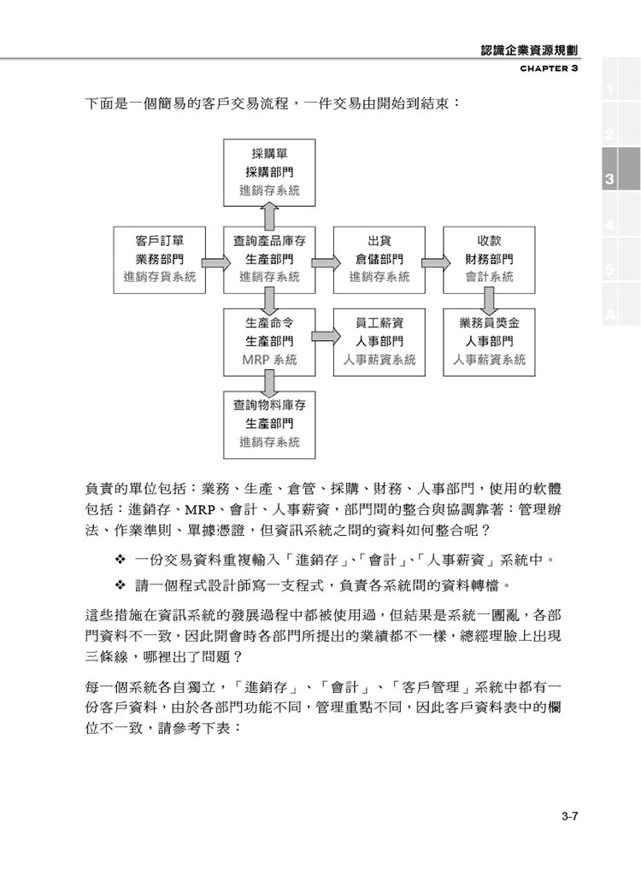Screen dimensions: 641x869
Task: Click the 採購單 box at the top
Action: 269,172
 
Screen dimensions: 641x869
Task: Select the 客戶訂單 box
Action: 159,260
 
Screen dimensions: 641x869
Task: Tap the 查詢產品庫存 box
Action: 269,260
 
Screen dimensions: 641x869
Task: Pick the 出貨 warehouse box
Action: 379,260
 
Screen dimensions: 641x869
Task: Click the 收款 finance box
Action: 489,260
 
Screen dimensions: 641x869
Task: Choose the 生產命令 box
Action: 269,342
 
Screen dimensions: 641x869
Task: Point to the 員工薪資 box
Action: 379,342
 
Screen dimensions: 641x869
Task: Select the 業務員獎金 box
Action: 489,342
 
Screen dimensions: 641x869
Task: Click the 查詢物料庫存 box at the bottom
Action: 269,425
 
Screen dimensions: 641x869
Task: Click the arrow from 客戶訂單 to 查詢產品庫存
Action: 215,262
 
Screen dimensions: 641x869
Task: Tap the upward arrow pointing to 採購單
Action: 269,216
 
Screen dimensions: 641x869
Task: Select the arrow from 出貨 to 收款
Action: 435,262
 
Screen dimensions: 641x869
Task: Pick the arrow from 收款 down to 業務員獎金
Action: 489,302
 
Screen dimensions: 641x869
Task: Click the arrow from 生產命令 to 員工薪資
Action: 326,336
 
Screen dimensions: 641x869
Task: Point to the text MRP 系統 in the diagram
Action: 269,360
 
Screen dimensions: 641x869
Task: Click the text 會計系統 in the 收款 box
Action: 489,277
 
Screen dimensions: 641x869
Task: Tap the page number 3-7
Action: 570,816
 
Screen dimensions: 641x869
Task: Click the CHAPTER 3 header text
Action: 549,68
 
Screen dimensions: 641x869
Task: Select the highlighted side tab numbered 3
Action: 621,168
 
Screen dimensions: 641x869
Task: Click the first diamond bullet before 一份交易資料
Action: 121,560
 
